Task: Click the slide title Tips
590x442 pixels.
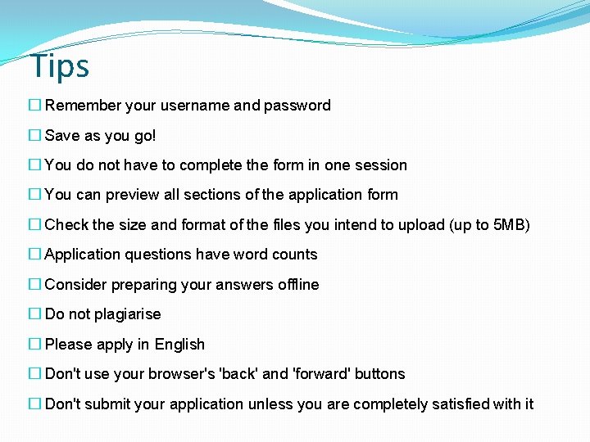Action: tap(59, 66)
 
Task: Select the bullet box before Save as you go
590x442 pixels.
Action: tap(34, 135)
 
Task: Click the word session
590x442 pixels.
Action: tap(379, 165)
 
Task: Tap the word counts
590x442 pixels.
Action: tap(293, 255)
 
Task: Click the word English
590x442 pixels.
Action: tap(179, 345)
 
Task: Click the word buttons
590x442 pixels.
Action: tap(381, 374)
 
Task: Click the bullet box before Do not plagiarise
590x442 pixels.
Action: tap(34, 314)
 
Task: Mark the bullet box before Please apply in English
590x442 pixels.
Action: tap(34, 345)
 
